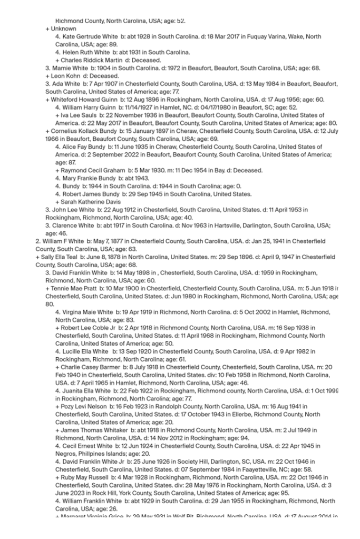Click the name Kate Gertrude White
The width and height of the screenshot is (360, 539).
tap(86, 37)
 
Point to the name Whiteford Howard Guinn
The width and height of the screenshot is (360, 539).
tap(80, 100)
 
